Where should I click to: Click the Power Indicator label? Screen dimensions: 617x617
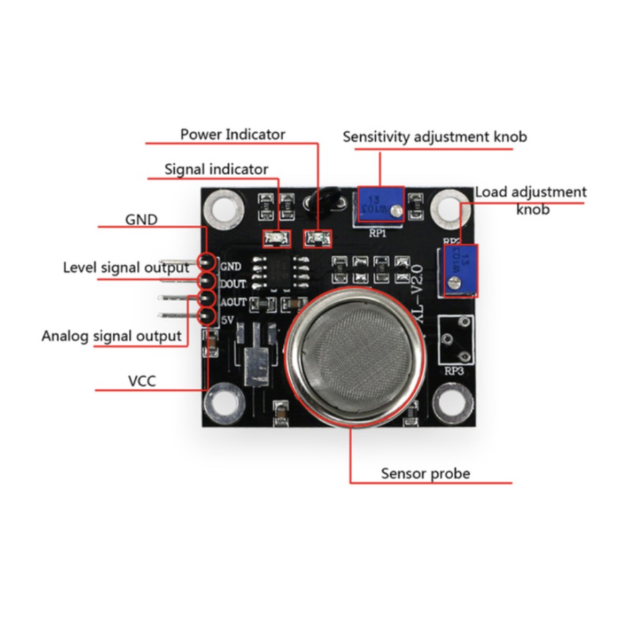pos(232,134)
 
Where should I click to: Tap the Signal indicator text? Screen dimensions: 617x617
pos(216,169)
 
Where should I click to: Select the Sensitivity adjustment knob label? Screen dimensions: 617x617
pos(435,137)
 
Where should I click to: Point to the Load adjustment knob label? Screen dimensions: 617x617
pos(531,200)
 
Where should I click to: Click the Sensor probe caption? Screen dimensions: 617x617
pos(425,474)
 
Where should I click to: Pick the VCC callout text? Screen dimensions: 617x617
pos(142,381)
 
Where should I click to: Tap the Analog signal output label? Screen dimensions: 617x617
pos(111,336)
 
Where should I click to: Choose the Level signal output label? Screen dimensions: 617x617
pos(126,268)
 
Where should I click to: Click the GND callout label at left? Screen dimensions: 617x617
pos(141,219)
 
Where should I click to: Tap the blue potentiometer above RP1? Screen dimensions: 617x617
pos(380,205)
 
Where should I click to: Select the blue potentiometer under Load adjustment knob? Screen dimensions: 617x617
pos(459,270)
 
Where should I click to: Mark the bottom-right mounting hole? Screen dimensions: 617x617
pos(453,403)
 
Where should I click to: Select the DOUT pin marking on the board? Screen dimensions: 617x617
pos(233,284)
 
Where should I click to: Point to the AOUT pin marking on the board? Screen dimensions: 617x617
pos(233,302)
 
